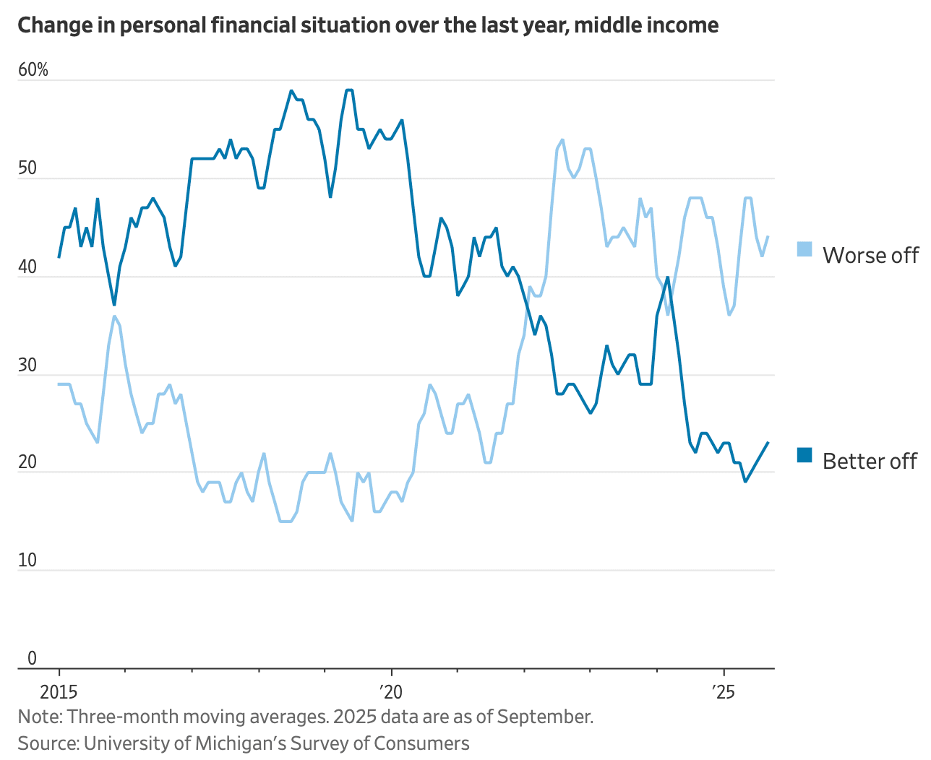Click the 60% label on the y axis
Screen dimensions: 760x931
[x=33, y=70]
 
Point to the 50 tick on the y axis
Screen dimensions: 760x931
[x=27, y=168]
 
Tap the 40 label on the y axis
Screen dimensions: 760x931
[x=27, y=267]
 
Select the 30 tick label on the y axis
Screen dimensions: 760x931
[x=27, y=365]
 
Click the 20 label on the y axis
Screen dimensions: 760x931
[x=27, y=462]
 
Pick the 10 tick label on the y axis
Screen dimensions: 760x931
[x=27, y=561]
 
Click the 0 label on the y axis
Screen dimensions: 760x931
[x=32, y=658]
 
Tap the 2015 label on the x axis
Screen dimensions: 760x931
[x=59, y=692]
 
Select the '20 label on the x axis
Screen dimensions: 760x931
[x=390, y=692]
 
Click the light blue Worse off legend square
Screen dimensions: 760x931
[x=805, y=249]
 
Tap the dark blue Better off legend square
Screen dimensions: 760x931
[x=805, y=455]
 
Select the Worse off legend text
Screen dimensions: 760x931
[x=870, y=256]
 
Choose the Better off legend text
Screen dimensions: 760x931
[x=870, y=462]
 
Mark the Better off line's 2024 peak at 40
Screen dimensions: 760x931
[x=668, y=277]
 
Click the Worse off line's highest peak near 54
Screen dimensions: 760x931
[x=562, y=139]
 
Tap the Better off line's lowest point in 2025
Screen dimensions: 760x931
[x=745, y=481]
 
